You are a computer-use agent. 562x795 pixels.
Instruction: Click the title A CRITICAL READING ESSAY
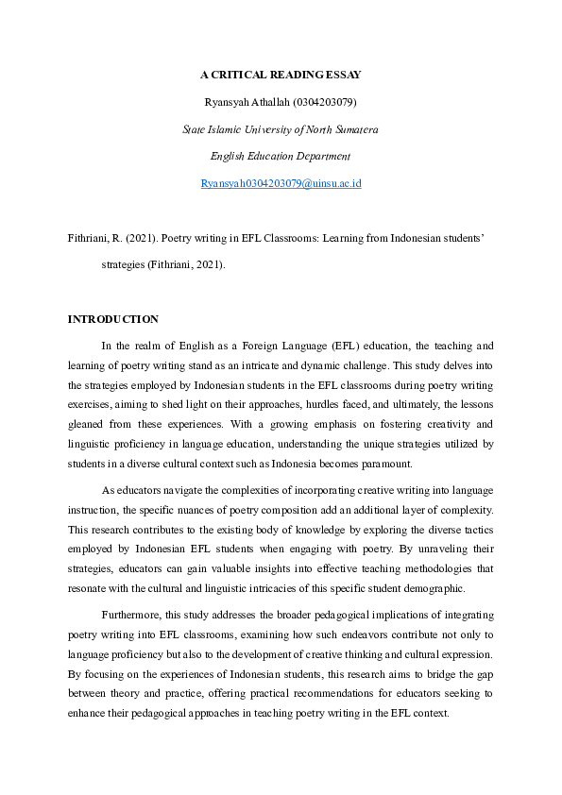pyautogui.click(x=281, y=74)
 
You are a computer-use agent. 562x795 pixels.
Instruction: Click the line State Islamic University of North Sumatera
pyautogui.click(x=281, y=128)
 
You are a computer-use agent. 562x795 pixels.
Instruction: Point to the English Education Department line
pyautogui.click(x=281, y=156)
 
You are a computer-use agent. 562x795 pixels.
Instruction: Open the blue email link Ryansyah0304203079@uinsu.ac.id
pyautogui.click(x=281, y=183)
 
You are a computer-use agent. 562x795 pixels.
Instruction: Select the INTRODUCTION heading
pyautogui.click(x=112, y=319)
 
